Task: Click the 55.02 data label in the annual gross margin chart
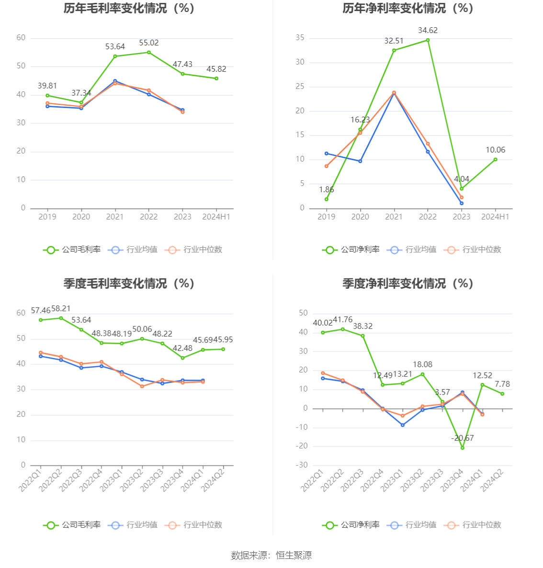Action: click(149, 43)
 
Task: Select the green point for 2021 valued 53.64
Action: click(115, 56)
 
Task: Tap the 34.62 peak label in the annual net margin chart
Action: click(428, 31)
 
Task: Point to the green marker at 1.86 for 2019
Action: click(327, 199)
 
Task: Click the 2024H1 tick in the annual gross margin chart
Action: click(216, 217)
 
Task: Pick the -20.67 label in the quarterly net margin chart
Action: click(463, 438)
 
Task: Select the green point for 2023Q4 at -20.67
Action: click(463, 448)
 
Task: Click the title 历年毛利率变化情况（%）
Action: click(129, 9)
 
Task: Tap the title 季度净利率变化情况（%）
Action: click(407, 284)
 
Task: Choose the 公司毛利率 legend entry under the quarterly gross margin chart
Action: click(72, 525)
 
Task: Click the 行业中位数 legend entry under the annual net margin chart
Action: click(473, 250)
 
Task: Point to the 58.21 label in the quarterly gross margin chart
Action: click(61, 309)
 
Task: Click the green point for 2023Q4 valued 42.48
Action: click(182, 358)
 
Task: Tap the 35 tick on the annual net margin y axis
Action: click(300, 38)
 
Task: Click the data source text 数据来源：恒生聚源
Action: click(271, 555)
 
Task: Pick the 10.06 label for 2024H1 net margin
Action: click(495, 150)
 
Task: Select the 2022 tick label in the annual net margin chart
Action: click(428, 217)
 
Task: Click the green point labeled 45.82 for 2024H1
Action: click(216, 78)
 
